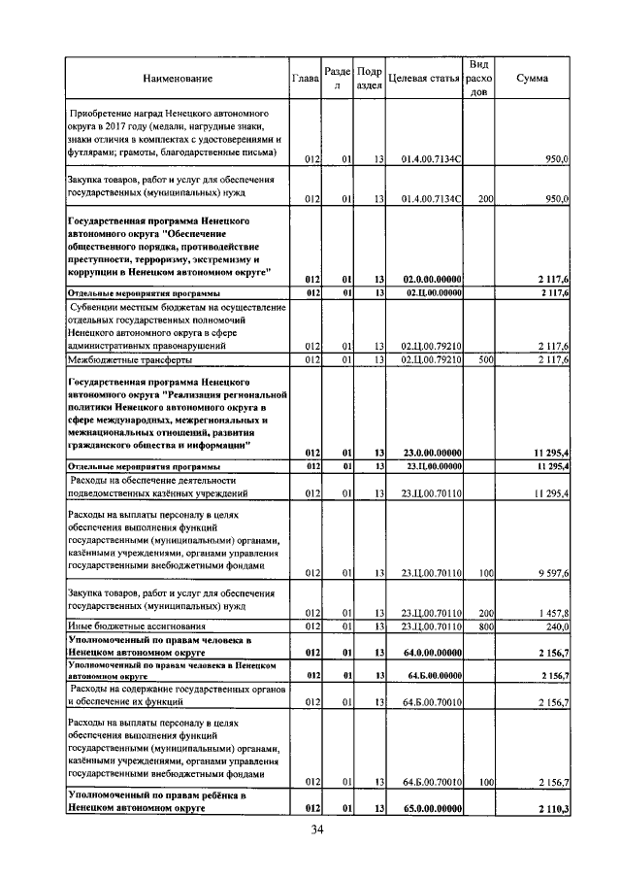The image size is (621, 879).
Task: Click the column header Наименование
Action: [178, 78]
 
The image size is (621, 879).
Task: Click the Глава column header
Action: [306, 78]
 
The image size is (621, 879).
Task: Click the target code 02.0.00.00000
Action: [432, 279]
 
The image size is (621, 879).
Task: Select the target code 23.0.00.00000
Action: [432, 453]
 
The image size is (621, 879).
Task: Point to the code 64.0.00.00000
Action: [432, 652]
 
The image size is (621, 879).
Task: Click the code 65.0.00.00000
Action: [432, 808]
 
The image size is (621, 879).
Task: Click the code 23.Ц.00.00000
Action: [432, 466]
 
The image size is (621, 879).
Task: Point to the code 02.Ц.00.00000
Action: [432, 292]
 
